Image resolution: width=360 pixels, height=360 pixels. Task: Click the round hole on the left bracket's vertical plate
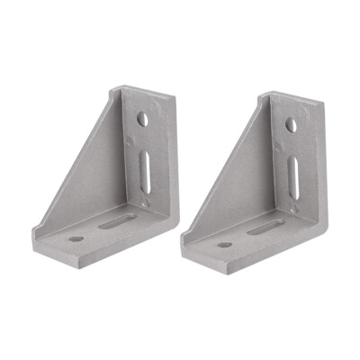(143, 118)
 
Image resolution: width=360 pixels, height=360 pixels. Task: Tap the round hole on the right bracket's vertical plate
(291, 125)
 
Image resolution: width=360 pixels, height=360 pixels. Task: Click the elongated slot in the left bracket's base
(117, 220)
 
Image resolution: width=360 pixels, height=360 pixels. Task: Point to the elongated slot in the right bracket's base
(265, 228)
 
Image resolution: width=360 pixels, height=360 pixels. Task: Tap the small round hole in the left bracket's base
(76, 239)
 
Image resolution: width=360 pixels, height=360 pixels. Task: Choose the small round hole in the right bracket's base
(224, 245)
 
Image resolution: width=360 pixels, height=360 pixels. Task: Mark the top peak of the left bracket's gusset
(114, 88)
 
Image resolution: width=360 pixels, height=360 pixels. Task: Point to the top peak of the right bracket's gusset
(262, 93)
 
